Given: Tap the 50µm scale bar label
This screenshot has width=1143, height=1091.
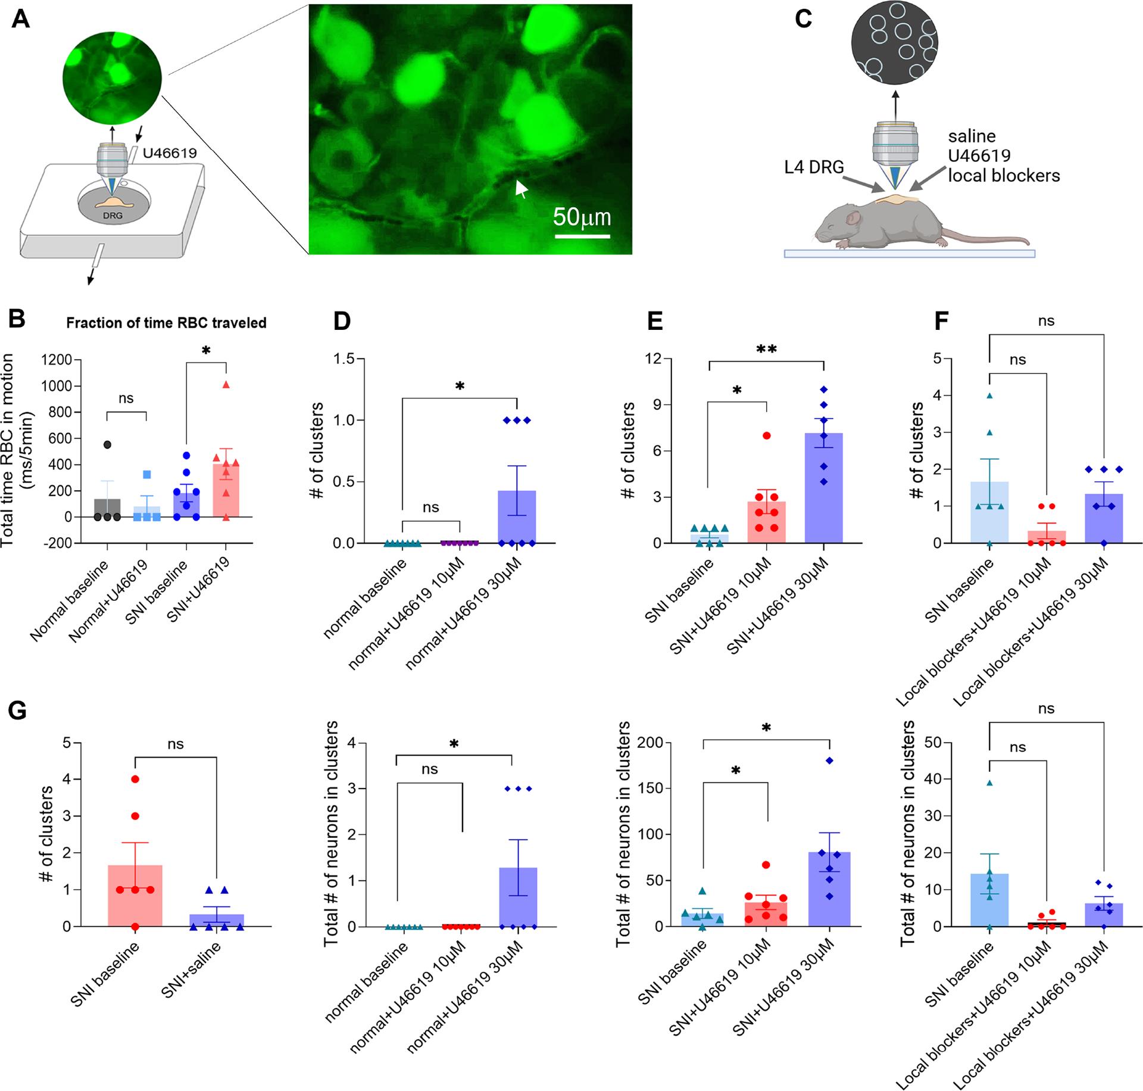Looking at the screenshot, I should (x=582, y=217).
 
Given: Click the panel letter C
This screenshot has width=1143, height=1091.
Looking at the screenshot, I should (x=803, y=19).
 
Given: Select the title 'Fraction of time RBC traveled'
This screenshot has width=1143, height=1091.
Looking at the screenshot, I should (x=166, y=323).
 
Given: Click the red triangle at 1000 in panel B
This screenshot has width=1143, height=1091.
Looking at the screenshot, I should (x=226, y=385).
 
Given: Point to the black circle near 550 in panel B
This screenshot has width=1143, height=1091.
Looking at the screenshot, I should (x=107, y=444).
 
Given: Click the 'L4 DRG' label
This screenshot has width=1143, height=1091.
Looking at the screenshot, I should (x=814, y=167).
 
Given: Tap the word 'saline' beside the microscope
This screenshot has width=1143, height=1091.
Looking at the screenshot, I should (x=972, y=136).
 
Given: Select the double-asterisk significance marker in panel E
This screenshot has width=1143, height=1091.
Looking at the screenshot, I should (x=766, y=350).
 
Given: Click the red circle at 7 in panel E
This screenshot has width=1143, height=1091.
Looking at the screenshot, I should (x=767, y=436).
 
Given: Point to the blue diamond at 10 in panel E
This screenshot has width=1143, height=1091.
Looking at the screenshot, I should (x=824, y=389).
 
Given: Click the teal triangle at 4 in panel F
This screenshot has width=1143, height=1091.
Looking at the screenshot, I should (x=989, y=395).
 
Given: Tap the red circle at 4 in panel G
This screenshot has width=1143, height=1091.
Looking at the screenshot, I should (x=136, y=779).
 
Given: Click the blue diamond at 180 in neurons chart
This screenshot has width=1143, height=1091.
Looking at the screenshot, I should (x=830, y=760).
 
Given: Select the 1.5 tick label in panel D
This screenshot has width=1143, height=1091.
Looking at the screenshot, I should (x=343, y=359).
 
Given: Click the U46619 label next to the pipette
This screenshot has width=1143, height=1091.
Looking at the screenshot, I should (x=170, y=154).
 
